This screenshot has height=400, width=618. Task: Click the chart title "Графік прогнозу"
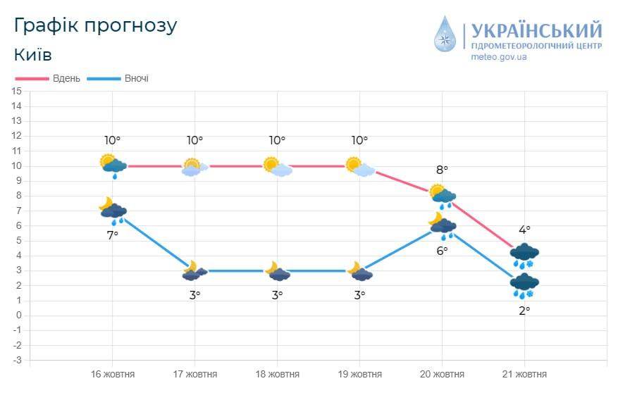point(95,25)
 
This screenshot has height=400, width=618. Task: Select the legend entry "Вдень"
point(66,78)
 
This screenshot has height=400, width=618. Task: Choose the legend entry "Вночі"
point(136,78)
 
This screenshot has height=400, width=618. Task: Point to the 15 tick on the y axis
point(17,91)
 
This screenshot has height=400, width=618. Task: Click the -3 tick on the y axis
point(17,360)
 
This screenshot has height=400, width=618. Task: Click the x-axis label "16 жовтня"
point(113,374)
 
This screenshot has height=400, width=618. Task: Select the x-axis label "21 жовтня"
point(524,374)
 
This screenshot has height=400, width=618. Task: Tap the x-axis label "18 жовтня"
point(277,374)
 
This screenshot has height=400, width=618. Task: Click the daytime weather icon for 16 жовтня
point(113,165)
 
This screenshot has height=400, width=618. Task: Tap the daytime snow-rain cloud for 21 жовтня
point(524,255)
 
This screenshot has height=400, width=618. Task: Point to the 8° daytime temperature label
point(442,170)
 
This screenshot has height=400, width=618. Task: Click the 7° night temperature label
point(113,235)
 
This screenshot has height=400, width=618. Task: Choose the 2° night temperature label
point(524,309)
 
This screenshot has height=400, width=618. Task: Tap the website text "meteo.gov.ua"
point(499,56)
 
